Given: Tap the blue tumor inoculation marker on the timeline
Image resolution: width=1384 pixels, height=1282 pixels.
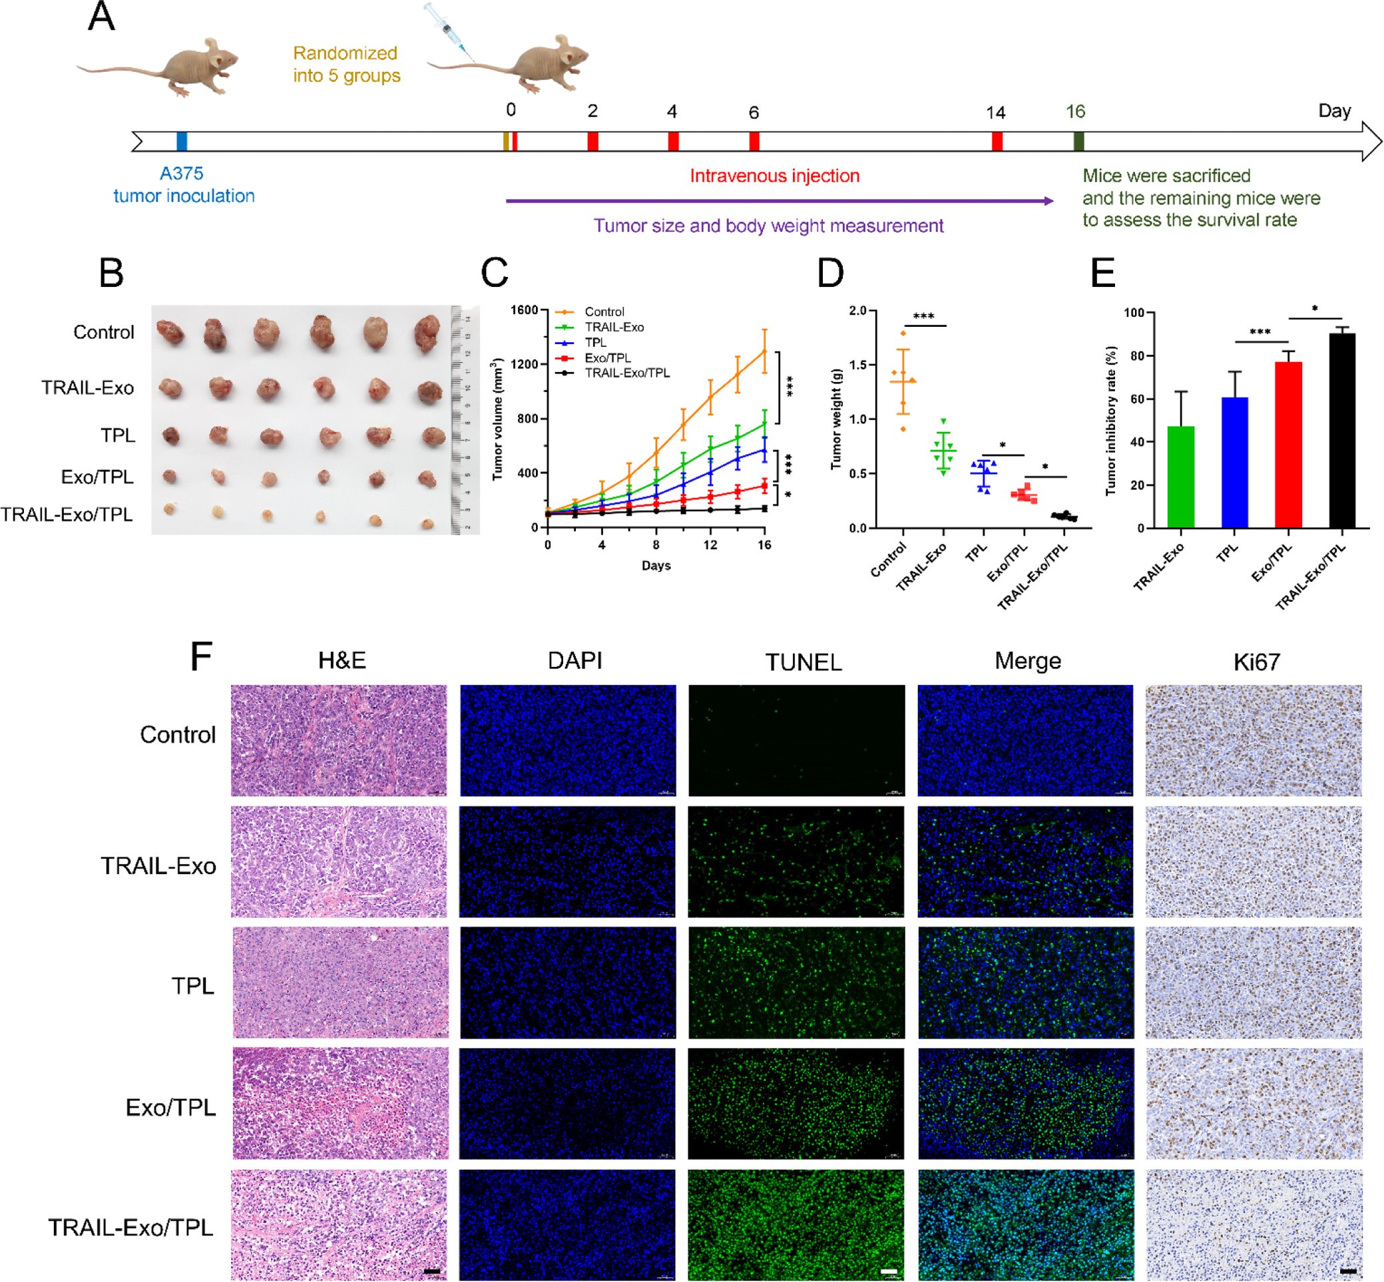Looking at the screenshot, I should (182, 141).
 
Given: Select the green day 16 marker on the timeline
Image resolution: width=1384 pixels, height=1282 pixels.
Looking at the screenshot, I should (1078, 141).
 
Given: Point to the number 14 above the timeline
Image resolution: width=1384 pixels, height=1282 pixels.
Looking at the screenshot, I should (995, 112).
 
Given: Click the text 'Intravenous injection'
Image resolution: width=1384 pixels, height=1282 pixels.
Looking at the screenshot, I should (774, 176).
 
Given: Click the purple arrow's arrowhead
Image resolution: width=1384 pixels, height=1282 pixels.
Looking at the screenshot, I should (1048, 201).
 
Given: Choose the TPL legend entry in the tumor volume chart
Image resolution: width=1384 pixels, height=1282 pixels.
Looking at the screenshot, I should (595, 343).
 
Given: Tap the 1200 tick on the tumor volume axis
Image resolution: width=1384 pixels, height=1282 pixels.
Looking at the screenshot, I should (525, 364).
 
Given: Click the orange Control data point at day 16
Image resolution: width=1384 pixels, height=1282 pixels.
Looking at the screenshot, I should (764, 351).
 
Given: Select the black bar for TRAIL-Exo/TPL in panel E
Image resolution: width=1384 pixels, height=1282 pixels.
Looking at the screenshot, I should (1341, 430).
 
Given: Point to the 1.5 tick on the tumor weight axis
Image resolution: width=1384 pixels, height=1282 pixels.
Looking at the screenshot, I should (858, 365).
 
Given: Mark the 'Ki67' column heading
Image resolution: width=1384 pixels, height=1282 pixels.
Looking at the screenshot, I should (1256, 662).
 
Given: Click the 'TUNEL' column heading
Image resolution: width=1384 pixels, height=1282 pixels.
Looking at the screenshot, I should (804, 662).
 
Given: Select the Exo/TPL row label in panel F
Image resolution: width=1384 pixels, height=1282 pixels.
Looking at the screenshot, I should (170, 1108).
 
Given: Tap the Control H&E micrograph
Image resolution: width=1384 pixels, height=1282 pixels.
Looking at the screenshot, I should (340, 740).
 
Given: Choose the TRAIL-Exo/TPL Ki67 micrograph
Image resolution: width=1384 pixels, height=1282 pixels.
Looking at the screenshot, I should (1254, 1224).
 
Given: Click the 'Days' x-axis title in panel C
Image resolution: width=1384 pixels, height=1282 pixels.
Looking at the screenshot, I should (656, 565).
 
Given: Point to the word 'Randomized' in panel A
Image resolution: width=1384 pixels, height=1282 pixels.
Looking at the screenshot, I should (345, 53).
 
